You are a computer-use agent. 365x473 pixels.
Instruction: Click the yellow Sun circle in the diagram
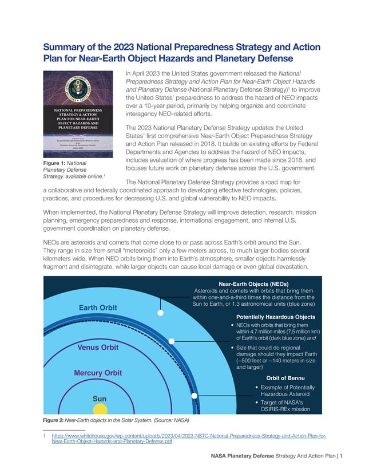(100, 410)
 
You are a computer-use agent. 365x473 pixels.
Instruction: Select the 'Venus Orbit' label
(97, 347)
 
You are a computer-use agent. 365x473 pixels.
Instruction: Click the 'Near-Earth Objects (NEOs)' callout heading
(256, 283)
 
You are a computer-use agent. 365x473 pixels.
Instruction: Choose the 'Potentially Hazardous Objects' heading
(276, 317)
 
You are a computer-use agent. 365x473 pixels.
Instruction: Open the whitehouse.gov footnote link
(188, 439)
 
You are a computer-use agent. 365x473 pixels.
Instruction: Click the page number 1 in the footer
(341, 456)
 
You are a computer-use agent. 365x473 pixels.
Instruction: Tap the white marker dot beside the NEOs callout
(161, 313)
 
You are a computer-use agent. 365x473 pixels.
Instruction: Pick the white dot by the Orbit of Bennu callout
(195, 396)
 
